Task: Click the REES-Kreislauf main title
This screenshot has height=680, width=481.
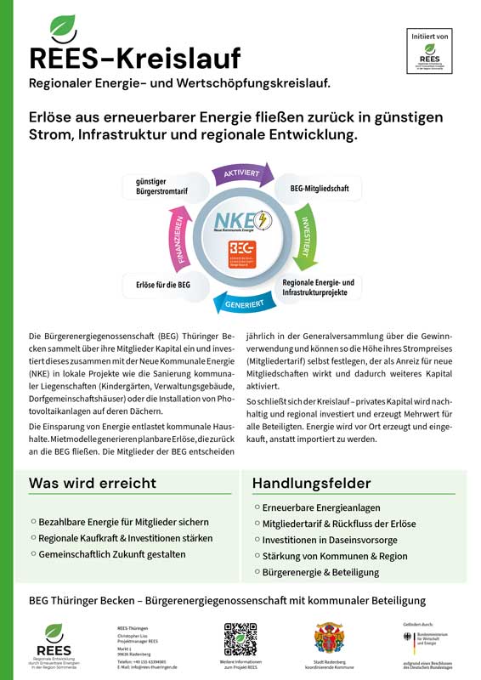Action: click(x=134, y=58)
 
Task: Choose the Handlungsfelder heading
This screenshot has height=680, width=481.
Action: click(x=311, y=483)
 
